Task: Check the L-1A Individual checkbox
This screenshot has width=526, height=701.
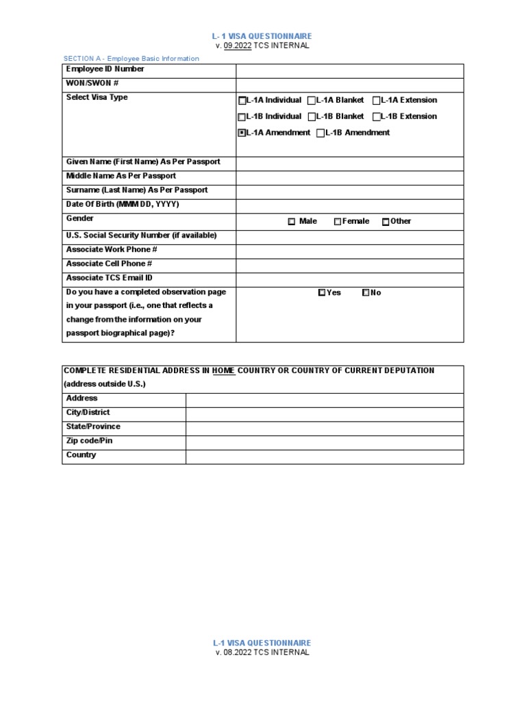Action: (242, 101)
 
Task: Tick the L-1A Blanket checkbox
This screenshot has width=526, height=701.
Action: (312, 101)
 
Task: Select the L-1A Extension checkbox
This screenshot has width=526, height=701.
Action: (377, 101)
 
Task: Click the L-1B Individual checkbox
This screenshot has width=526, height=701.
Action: (242, 117)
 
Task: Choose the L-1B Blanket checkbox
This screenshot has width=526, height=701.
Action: (312, 117)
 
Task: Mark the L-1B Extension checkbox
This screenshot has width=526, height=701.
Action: (377, 117)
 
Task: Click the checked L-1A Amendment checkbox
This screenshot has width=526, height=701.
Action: (242, 133)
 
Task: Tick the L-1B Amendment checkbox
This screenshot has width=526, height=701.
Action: (321, 133)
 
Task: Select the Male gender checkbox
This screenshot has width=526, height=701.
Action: (291, 222)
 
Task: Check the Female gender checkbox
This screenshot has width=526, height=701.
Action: (338, 222)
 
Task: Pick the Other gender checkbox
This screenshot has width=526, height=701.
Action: (386, 222)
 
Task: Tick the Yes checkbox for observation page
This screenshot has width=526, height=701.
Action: (322, 293)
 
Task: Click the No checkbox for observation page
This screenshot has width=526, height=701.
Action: (366, 293)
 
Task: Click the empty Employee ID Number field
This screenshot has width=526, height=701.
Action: (349, 71)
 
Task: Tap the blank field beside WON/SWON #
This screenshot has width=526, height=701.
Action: (349, 84)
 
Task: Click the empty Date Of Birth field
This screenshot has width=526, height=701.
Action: (349, 205)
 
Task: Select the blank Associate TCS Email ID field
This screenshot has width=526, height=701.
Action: (349, 279)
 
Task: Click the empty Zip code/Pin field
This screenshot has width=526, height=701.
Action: (324, 442)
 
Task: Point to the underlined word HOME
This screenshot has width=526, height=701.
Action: (223, 370)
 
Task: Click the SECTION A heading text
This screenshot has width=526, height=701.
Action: (131, 59)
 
